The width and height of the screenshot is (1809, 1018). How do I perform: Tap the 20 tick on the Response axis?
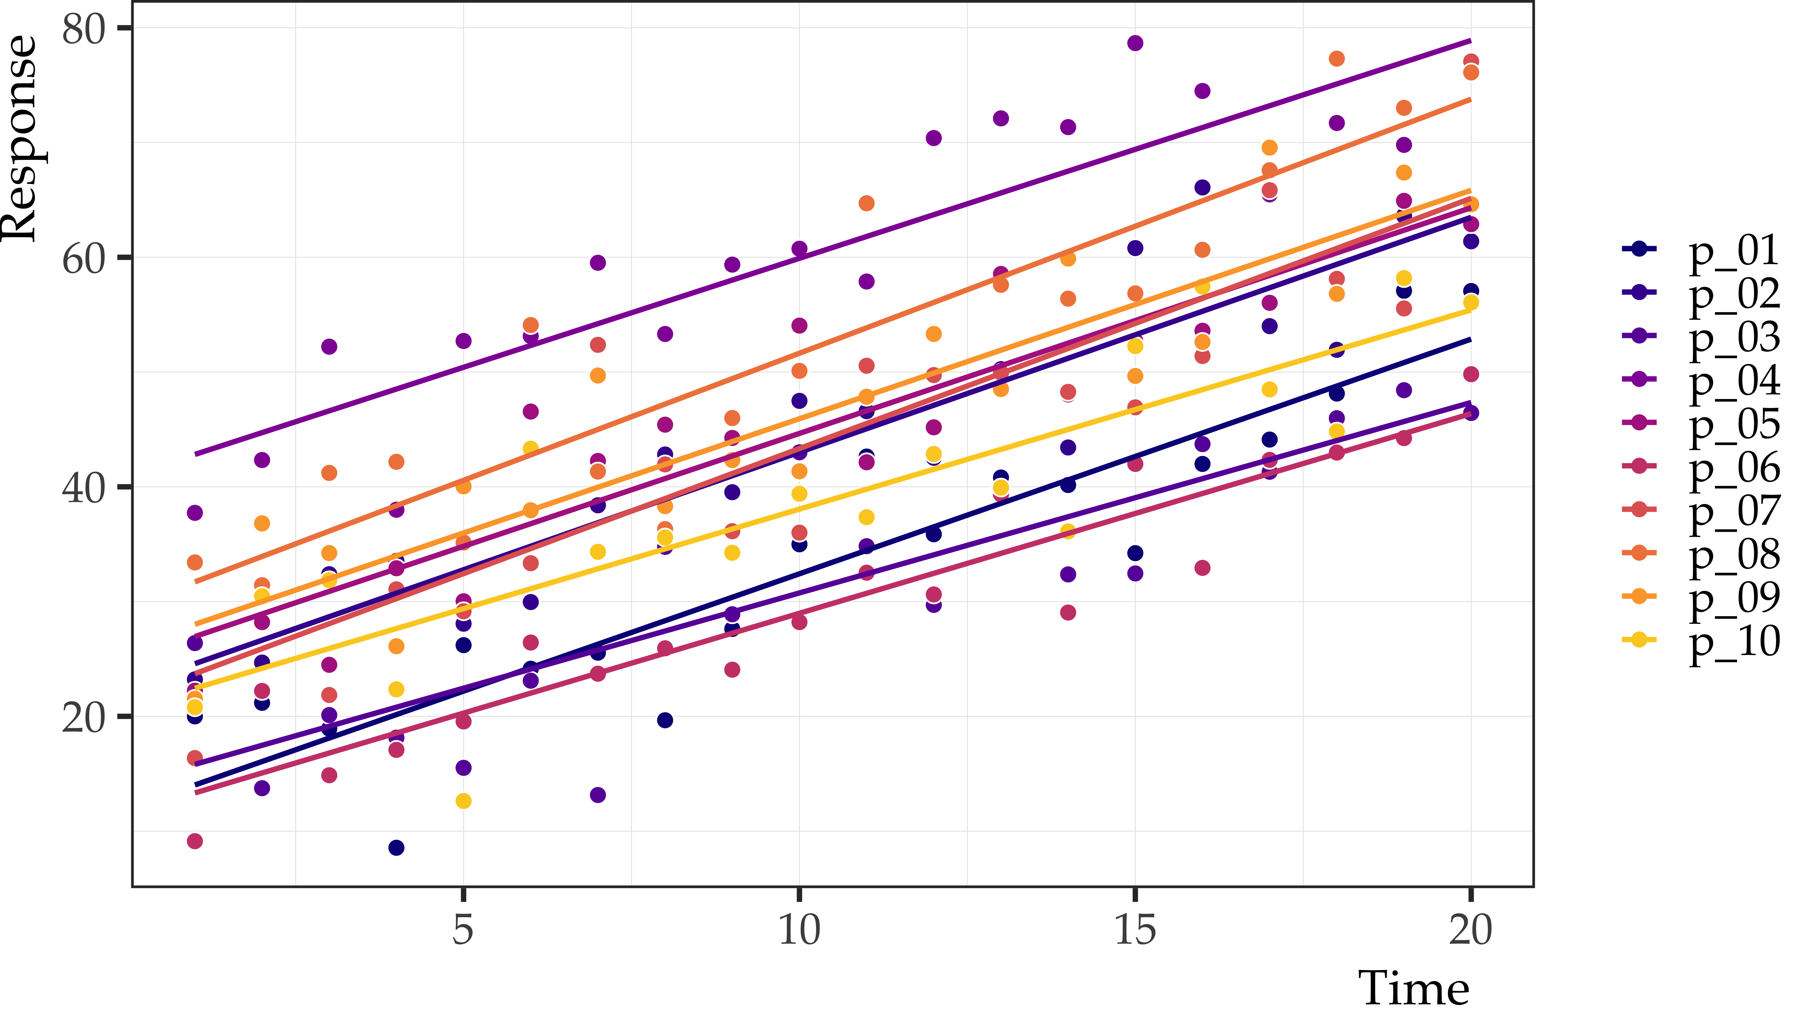83,717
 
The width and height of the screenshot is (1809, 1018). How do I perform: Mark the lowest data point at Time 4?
396,847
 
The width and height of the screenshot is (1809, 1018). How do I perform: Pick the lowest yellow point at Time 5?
463,801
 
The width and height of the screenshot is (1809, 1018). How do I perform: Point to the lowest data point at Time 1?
195,841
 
